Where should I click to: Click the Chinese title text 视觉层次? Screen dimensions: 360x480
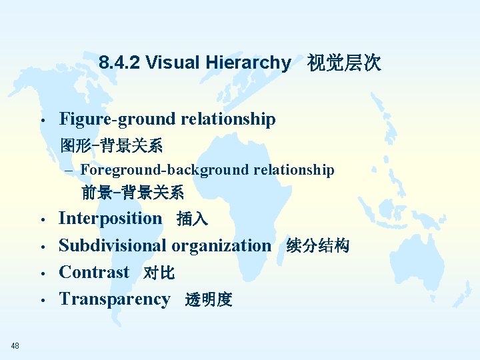[343, 63]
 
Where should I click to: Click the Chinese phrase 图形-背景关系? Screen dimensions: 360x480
[111, 145]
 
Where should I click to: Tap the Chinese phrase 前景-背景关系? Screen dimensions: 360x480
[133, 193]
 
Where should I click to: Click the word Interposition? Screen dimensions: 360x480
[110, 218]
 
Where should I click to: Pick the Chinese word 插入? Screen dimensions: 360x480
[192, 219]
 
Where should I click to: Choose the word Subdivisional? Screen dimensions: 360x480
[113, 245]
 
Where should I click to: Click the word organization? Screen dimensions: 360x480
[221, 245]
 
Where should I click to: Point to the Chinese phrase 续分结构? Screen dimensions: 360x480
[317, 246]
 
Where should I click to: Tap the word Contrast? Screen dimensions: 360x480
[94, 272]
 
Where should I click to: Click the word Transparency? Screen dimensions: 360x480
[115, 299]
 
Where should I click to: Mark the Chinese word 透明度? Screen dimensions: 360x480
[209, 300]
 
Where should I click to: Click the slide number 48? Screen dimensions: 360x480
[15, 345]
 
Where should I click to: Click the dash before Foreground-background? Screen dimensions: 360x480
[71, 171]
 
